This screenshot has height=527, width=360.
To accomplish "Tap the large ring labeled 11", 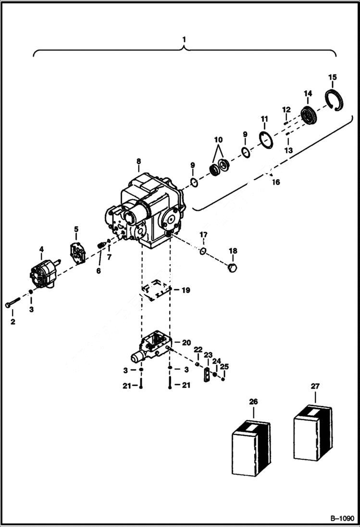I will (265, 141).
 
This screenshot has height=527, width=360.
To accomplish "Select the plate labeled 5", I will (76, 252).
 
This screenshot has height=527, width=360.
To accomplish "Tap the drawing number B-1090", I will (342, 518).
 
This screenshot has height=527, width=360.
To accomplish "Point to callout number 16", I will (275, 182).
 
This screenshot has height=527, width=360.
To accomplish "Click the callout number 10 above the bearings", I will (219, 140).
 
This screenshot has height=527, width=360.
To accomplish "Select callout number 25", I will (224, 367).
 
